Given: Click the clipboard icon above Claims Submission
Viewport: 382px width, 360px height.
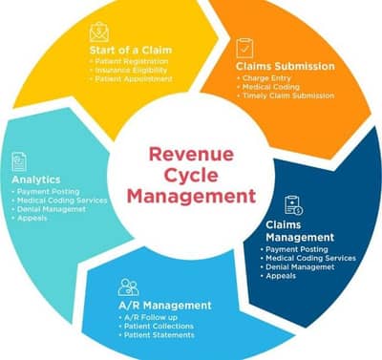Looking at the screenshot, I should pyautogui.click(x=245, y=48).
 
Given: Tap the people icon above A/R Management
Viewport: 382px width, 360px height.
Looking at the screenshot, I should pyautogui.click(x=129, y=286).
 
